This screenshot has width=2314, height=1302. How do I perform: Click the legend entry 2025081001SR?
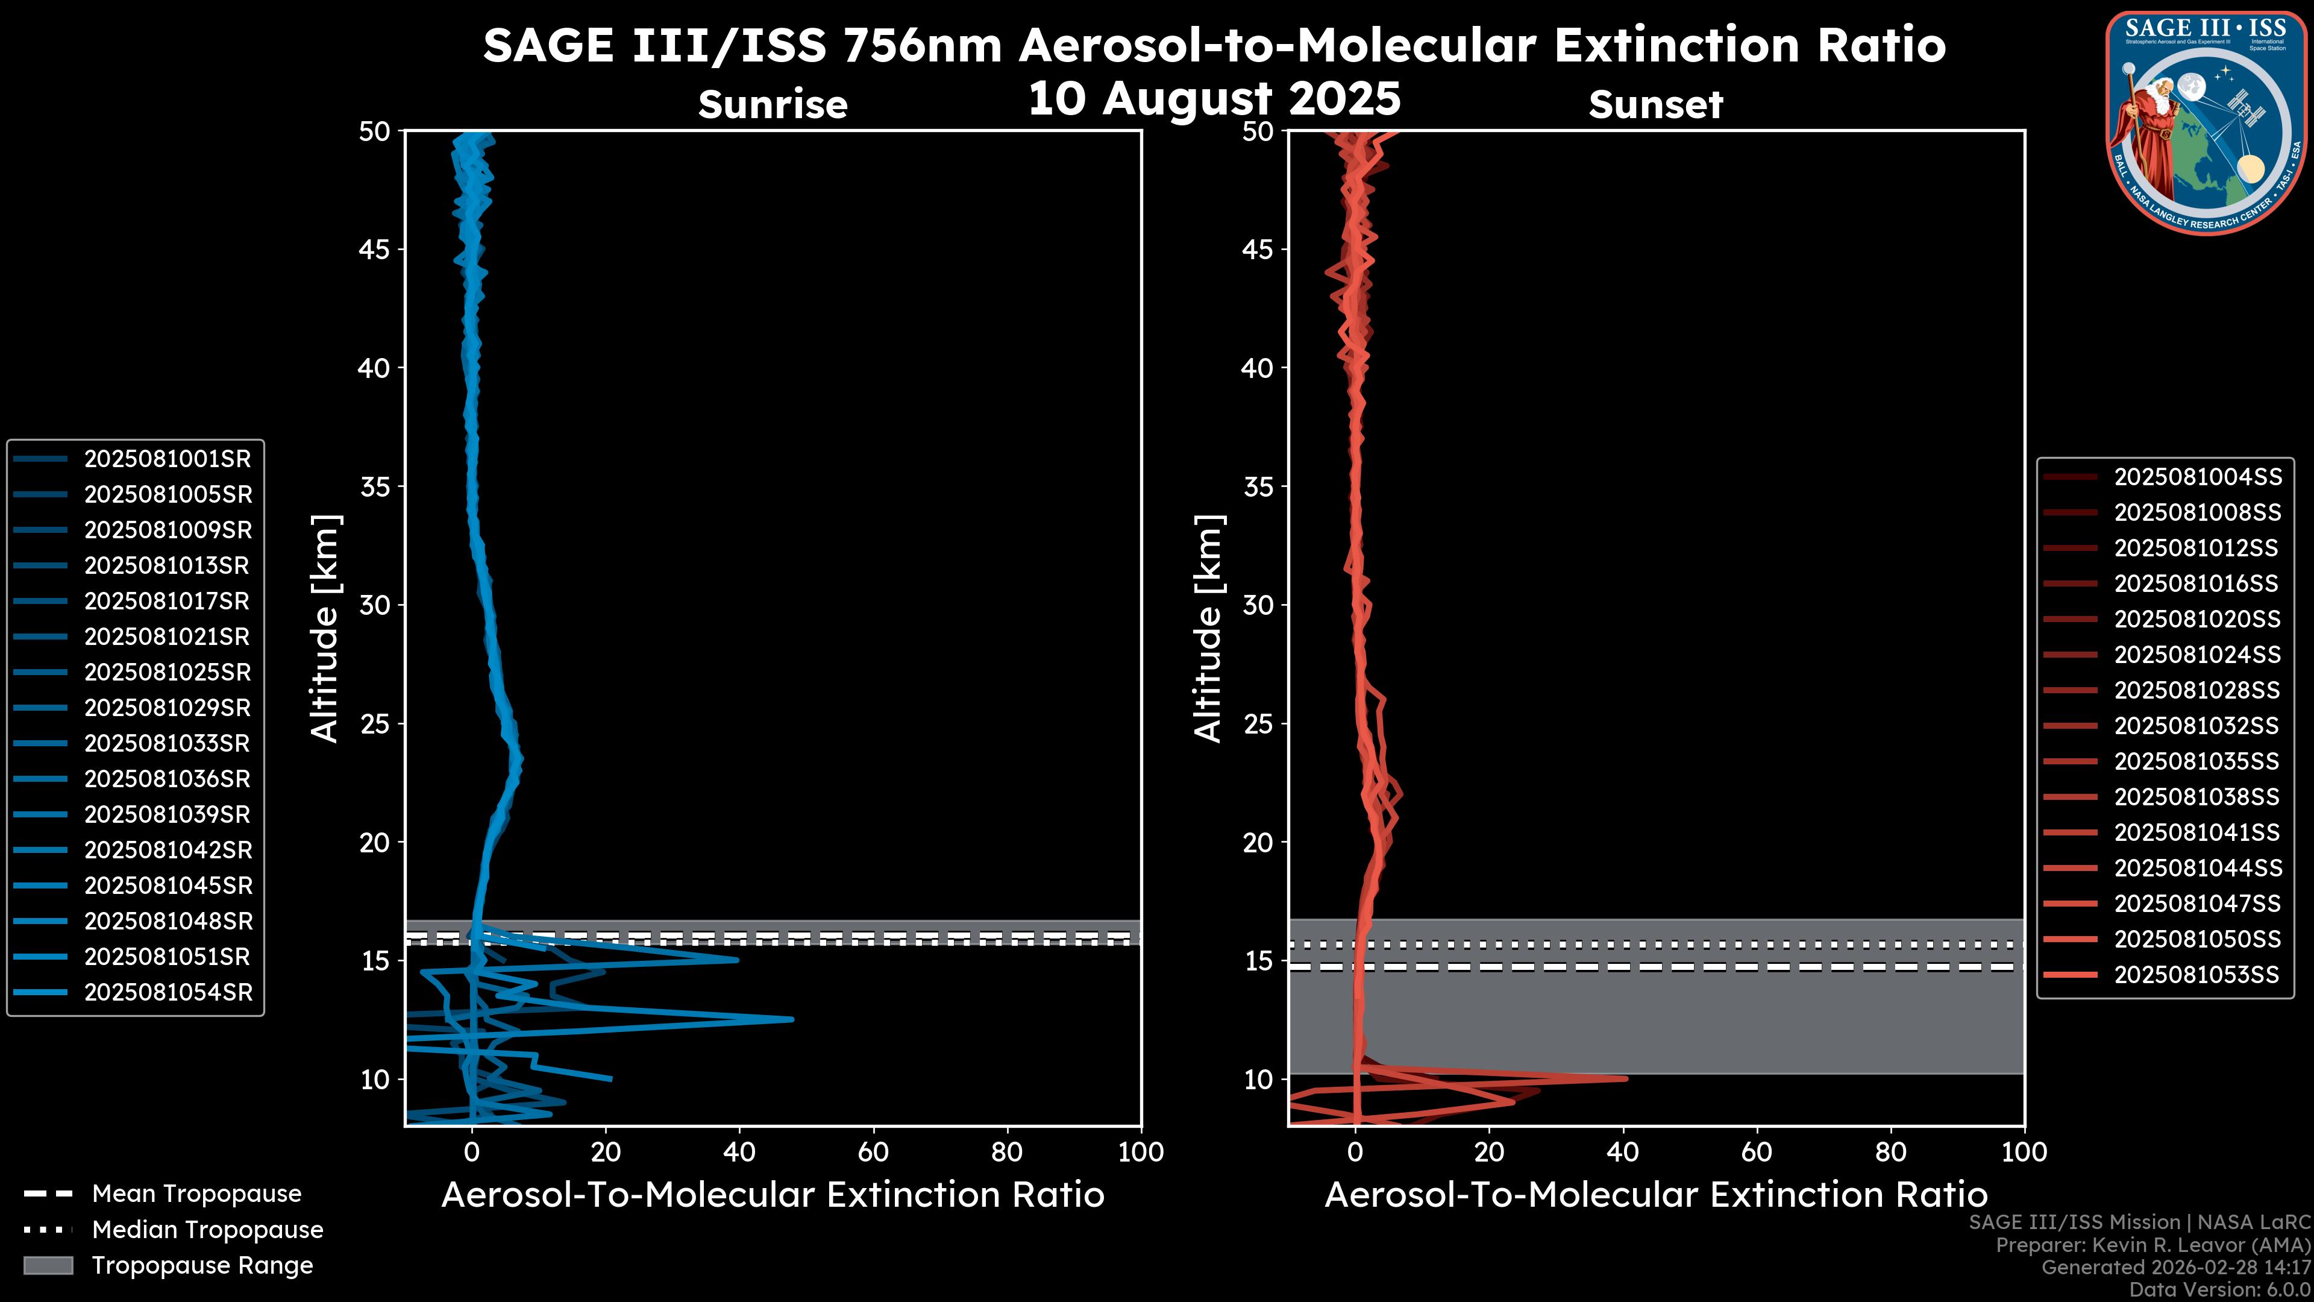(x=167, y=459)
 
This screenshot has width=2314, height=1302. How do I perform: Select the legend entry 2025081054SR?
(x=168, y=993)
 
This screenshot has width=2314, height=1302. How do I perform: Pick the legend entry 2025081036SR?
(x=167, y=779)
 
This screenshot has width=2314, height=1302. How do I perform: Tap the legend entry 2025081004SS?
(x=2197, y=477)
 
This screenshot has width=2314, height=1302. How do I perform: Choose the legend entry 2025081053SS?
(x=2196, y=975)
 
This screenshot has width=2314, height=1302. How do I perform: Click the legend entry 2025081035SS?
(x=2196, y=762)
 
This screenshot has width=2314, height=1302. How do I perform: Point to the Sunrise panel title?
(x=773, y=104)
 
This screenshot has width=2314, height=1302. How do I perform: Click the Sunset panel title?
(x=1655, y=104)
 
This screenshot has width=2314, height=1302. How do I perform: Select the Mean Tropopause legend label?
(x=196, y=1194)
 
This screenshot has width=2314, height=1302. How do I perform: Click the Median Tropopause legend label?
(x=207, y=1230)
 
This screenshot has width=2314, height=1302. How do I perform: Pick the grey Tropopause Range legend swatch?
(x=48, y=1266)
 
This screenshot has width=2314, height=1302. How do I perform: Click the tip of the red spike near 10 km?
(x=1626, y=1078)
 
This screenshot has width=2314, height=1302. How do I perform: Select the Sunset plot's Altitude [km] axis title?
(x=1208, y=629)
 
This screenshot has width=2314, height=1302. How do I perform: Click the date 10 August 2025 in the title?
(x=1214, y=99)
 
